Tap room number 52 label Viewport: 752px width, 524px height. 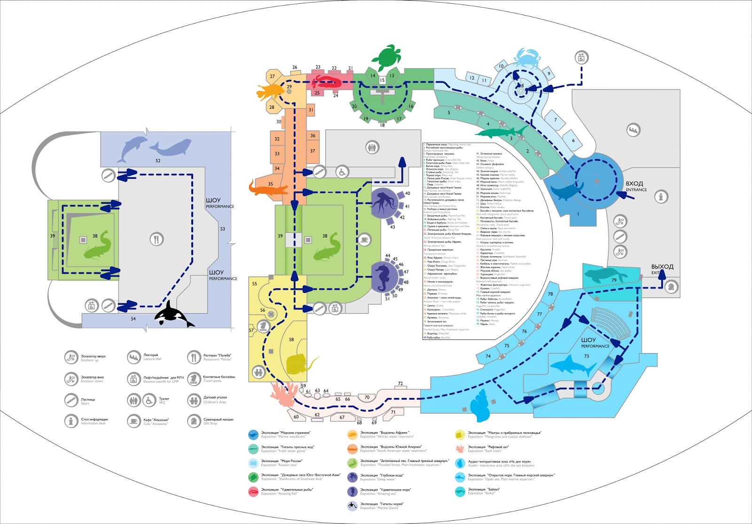tap(158, 161)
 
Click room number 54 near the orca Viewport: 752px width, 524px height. tap(133, 319)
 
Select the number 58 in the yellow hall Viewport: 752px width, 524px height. tap(291, 339)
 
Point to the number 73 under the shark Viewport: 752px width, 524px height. tap(586, 356)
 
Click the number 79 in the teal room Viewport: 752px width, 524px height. tap(614, 280)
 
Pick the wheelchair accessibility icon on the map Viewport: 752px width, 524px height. tap(342, 172)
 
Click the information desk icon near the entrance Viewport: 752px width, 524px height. tap(661, 197)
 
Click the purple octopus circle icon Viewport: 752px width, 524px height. tap(384, 204)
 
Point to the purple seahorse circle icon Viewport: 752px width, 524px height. tap(384, 277)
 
